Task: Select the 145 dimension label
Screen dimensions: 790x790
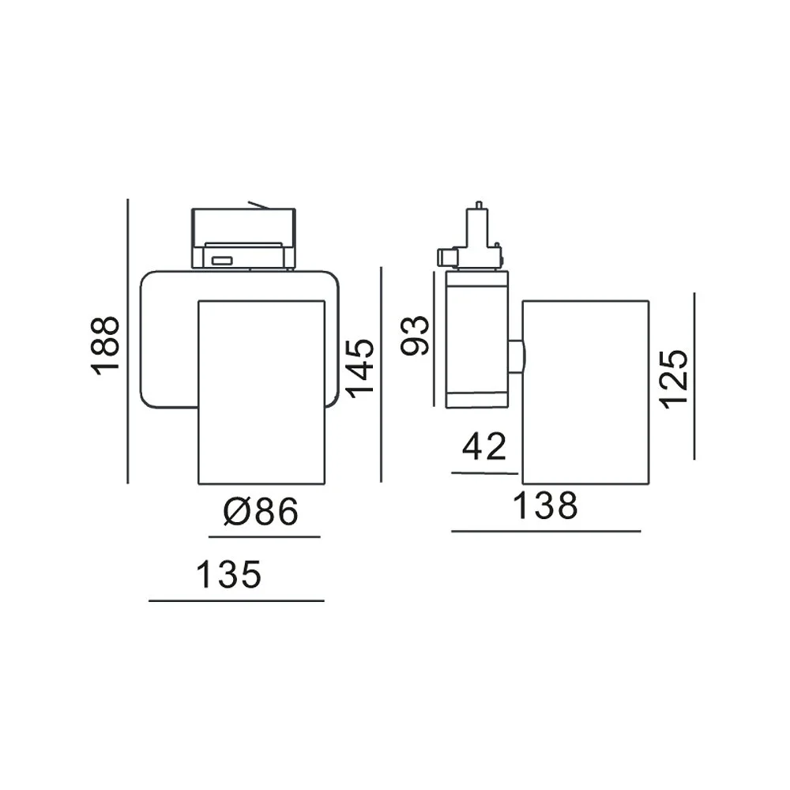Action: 362,368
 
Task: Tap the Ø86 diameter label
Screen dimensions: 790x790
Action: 261,512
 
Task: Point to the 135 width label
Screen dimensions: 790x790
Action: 229,574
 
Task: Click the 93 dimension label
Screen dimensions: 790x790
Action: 415,335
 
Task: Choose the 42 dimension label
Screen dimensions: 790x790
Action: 484,446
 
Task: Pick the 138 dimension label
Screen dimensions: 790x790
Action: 545,506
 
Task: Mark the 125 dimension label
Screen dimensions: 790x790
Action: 674,378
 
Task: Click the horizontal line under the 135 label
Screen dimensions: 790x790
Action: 236,600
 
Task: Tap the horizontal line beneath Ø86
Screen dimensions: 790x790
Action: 265,537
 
